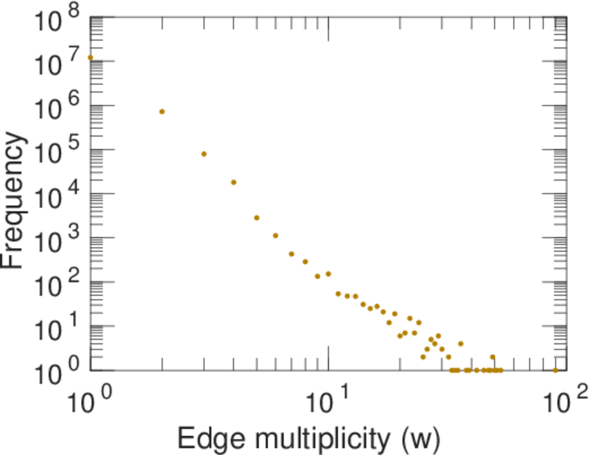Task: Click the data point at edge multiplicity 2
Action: pyautogui.click(x=162, y=111)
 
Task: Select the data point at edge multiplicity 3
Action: pyautogui.click(x=203, y=154)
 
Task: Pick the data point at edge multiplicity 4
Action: pyautogui.click(x=234, y=182)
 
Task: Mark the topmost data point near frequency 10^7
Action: pyautogui.click(x=90, y=57)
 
